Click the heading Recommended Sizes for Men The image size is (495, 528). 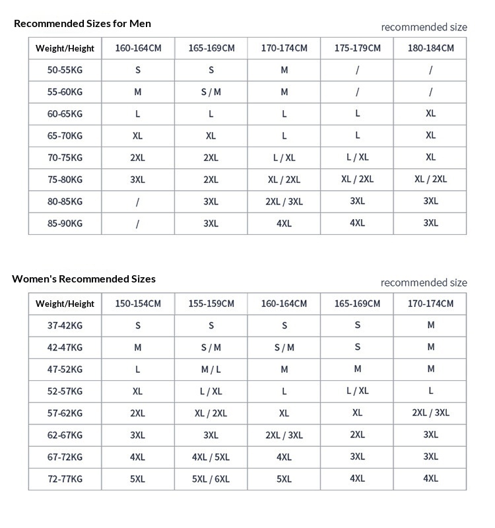pyautogui.click(x=82, y=24)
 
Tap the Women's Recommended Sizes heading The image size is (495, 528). pyautogui.click(x=84, y=279)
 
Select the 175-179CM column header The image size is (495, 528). pyautogui.click(x=357, y=48)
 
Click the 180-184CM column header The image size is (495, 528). pyautogui.click(x=430, y=48)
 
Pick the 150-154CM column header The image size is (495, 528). pyautogui.click(x=138, y=304)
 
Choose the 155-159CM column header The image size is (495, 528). pyautogui.click(x=211, y=304)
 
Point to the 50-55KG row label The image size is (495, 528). pyautogui.click(x=65, y=70)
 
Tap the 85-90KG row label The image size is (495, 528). pyautogui.click(x=65, y=223)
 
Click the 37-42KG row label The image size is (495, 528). pyautogui.click(x=65, y=325)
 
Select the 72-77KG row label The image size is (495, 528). pyautogui.click(x=65, y=478)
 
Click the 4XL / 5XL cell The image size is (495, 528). pyautogui.click(x=211, y=457)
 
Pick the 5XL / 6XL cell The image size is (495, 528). pyautogui.click(x=211, y=478)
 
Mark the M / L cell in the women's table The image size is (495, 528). pyautogui.click(x=211, y=370)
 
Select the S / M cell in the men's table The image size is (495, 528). pyautogui.click(x=211, y=92)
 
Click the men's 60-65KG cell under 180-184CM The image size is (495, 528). pyautogui.click(x=430, y=114)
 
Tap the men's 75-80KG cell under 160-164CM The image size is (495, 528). pyautogui.click(x=138, y=180)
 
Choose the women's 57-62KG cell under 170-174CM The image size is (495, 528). pyautogui.click(x=430, y=412)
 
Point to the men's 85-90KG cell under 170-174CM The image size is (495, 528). pyautogui.click(x=284, y=223)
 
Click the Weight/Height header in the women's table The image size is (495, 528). pyautogui.click(x=65, y=304)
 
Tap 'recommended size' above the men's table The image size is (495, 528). pyautogui.click(x=424, y=27)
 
